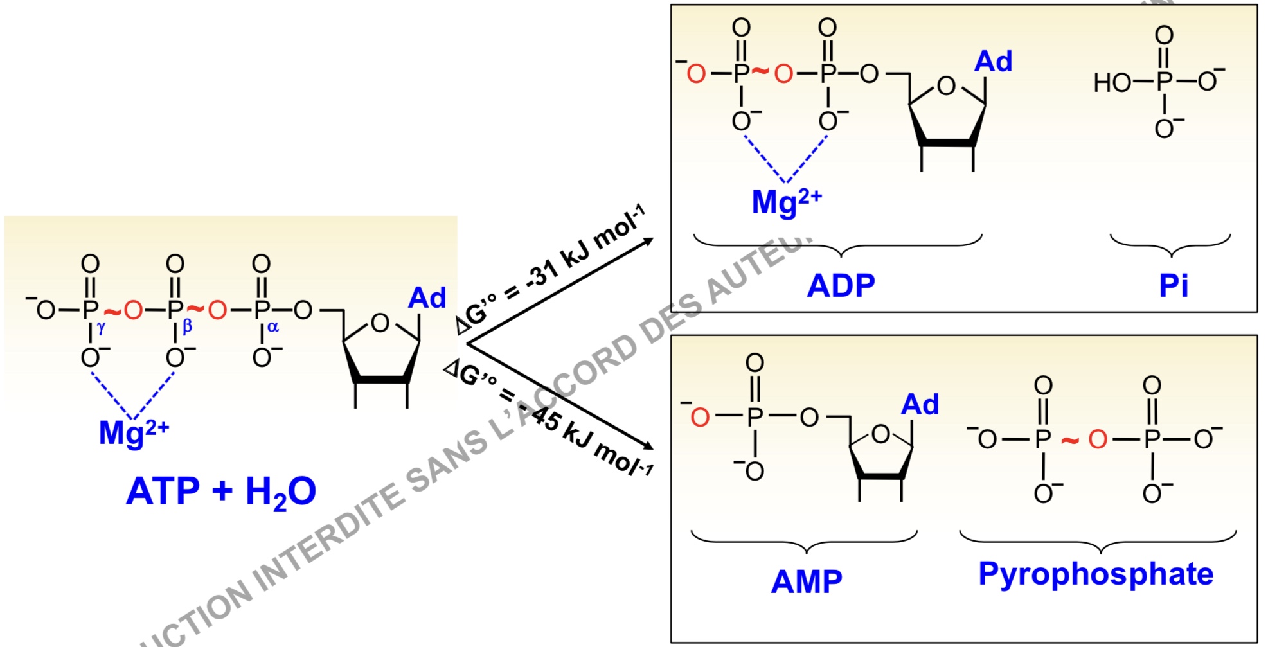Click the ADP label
tap(841, 285)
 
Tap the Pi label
tap(1173, 285)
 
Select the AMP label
tap(807, 581)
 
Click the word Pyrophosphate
tap(1096, 574)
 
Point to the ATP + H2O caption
tap(221, 492)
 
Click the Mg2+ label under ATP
tap(134, 432)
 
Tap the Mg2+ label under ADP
tap(787, 202)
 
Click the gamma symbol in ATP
tap(101, 328)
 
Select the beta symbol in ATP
tap(187, 326)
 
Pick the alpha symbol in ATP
tap(273, 327)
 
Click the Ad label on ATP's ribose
tap(427, 298)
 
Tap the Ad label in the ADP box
tap(993, 62)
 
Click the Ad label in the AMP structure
tap(920, 405)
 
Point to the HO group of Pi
tap(1112, 83)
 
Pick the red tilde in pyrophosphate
tap(1069, 441)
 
